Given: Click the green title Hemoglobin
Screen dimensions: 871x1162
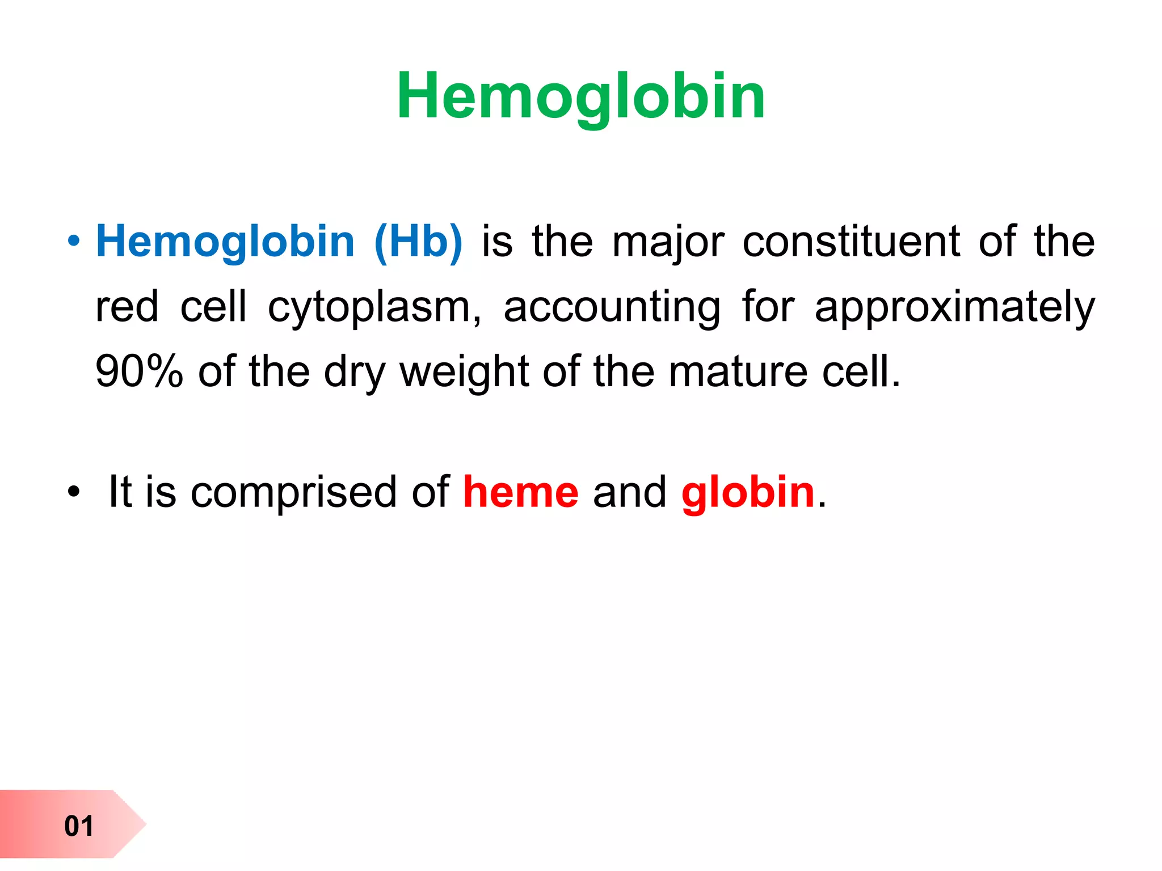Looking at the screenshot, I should click(581, 96).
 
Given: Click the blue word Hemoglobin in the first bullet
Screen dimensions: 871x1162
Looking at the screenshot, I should click(225, 242).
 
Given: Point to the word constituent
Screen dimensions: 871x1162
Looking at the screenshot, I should click(851, 242).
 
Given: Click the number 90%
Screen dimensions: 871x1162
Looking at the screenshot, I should click(139, 371).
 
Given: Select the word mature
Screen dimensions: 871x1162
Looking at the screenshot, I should click(738, 371).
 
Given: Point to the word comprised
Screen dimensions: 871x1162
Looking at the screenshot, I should click(293, 492).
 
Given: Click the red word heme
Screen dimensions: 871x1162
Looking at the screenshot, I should click(521, 492).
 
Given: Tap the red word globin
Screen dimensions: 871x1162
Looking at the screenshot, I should click(748, 492).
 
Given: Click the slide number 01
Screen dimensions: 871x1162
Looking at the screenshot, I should click(79, 826).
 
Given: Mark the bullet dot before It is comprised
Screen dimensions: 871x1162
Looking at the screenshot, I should click(73, 492).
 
